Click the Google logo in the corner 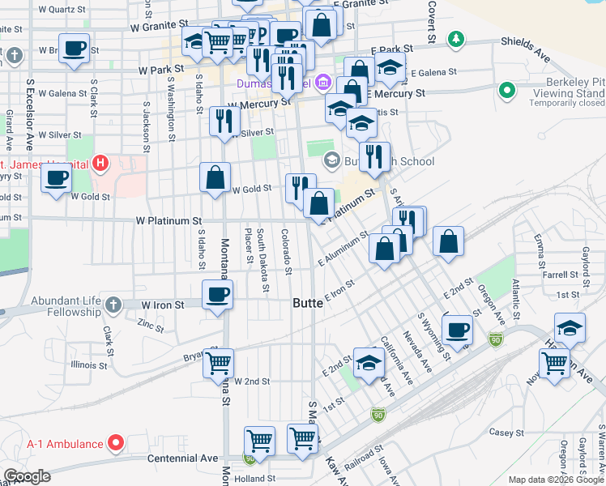27,476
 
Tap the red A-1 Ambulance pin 116,443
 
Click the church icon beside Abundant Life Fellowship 113,305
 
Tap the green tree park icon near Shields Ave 457,38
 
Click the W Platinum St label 169,220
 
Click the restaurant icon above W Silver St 224,122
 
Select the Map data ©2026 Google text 556,480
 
